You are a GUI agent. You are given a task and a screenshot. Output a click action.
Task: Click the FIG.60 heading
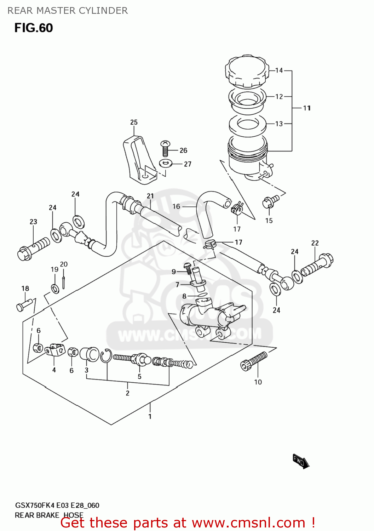34,28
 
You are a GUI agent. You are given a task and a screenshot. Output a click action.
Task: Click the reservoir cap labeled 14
246,71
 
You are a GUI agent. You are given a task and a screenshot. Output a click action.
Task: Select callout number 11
307,108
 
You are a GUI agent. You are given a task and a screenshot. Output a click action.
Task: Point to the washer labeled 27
166,164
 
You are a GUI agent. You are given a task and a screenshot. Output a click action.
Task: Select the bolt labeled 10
254,361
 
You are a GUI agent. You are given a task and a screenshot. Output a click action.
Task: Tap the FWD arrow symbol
300,461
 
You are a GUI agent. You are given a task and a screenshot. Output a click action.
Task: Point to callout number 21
150,196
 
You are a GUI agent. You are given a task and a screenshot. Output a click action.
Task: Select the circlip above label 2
106,356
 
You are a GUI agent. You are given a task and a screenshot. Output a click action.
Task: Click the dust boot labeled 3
89,354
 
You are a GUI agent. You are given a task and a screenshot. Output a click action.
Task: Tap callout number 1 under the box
150,416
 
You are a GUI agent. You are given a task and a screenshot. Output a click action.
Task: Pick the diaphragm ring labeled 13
247,124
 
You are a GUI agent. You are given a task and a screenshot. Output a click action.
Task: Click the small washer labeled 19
55,289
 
